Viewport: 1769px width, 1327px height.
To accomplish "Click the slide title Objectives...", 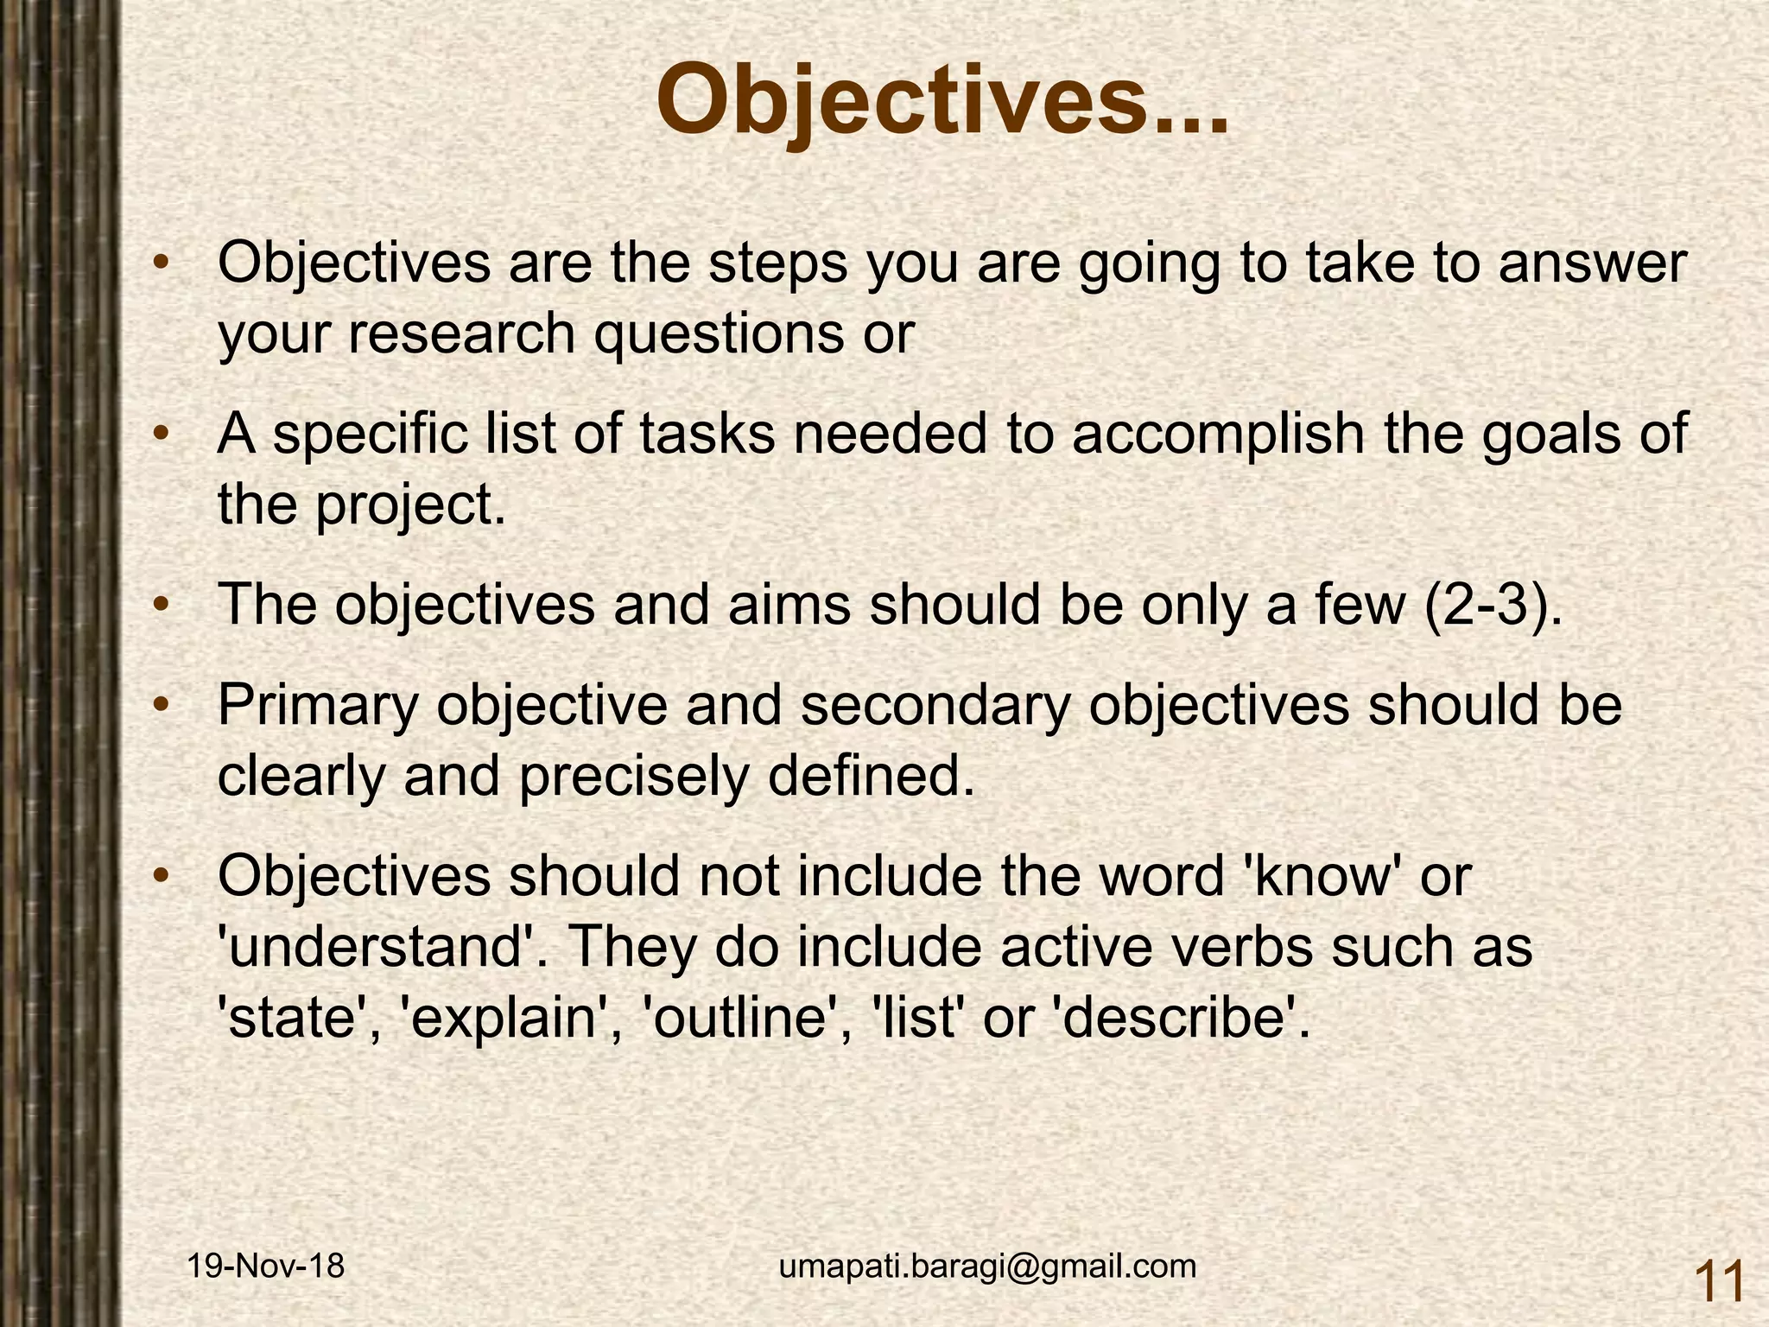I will point(942,102).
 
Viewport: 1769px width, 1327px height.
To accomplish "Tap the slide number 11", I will point(1719,1281).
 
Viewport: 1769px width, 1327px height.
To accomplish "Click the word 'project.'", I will point(410,505).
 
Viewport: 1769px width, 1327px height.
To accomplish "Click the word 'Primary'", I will point(317,706).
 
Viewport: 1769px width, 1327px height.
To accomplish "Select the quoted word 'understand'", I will point(380,948).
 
